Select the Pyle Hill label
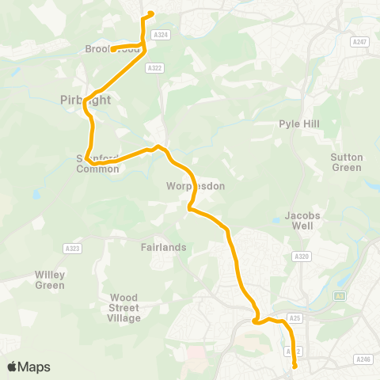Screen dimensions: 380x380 point(298,124)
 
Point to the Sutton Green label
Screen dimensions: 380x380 point(347,162)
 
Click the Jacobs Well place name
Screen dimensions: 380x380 point(298,220)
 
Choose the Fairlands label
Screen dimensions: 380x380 point(164,247)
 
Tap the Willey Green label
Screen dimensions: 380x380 point(50,279)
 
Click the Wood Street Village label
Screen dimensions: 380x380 point(124,308)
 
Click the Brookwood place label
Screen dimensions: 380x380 point(112,49)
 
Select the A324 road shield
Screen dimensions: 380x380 point(161,35)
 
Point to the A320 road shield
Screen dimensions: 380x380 point(301,256)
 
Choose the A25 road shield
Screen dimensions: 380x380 point(295,318)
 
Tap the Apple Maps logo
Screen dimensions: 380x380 point(28,367)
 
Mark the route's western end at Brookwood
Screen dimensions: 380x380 point(112,50)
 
